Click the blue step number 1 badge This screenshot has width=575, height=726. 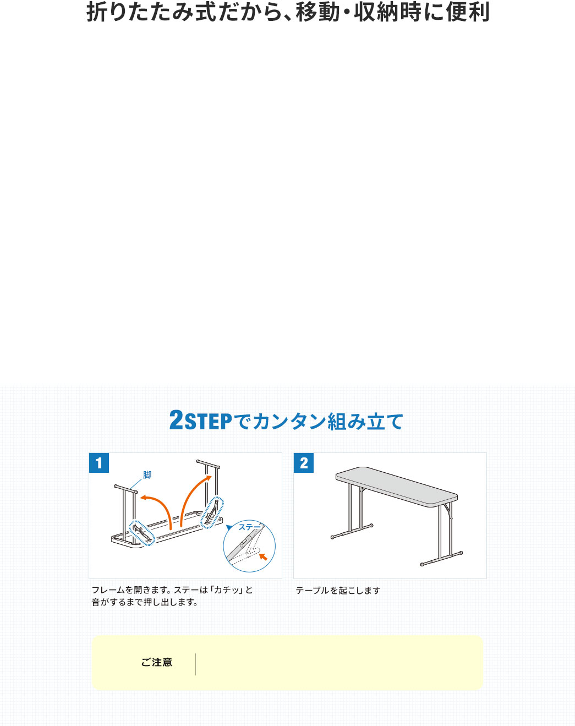[x=99, y=463]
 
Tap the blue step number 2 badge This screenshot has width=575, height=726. [x=304, y=463]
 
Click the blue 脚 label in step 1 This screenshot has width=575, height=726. [x=147, y=475]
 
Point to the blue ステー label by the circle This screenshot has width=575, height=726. [x=250, y=527]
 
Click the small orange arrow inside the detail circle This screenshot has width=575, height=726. [x=263, y=556]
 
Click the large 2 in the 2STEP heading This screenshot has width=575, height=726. [x=177, y=419]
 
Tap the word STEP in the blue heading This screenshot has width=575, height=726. [x=209, y=422]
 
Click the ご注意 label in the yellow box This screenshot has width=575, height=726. [x=156, y=662]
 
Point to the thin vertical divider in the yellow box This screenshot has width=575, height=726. [x=195, y=664]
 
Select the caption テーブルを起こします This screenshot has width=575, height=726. [x=338, y=591]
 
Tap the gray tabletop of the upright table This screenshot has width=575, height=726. [x=397, y=486]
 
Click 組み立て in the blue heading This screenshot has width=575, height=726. [x=365, y=422]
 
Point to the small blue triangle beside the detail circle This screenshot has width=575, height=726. [x=229, y=527]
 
